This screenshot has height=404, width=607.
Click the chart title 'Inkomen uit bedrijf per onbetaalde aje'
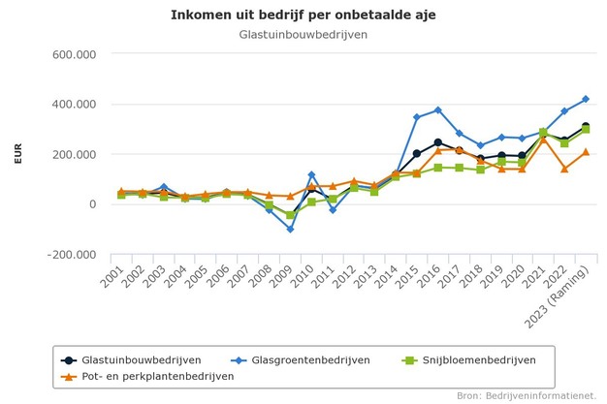click(x=303, y=16)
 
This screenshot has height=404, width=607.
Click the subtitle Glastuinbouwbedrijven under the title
click(x=303, y=35)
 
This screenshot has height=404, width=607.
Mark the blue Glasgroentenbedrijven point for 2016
click(x=438, y=110)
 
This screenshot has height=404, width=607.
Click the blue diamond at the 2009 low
click(x=290, y=230)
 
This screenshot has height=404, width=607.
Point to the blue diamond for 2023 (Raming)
click(x=586, y=99)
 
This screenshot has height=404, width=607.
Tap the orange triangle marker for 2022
click(x=564, y=169)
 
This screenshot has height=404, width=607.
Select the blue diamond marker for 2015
click(x=417, y=117)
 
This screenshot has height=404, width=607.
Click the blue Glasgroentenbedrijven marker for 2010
click(x=311, y=175)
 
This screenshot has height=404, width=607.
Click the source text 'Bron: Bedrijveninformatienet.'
click(x=527, y=395)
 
